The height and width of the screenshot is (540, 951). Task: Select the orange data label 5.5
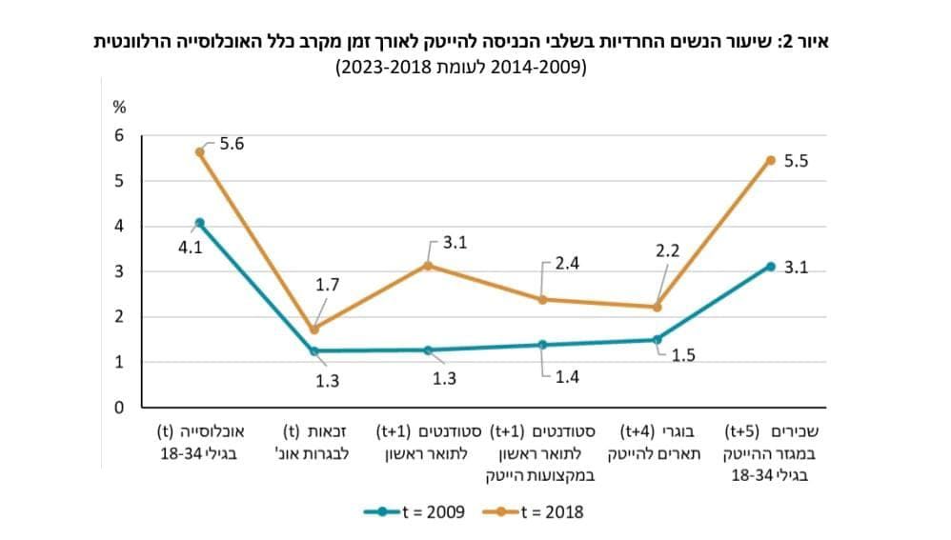[796, 162]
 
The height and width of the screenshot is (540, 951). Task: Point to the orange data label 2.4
[567, 264]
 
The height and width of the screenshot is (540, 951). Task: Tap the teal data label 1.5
[683, 355]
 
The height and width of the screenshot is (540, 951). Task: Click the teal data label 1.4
[567, 376]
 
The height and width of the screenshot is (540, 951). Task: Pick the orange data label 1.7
[327, 284]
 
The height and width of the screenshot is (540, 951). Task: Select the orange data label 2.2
[666, 251]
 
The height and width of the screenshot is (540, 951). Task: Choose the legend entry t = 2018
[551, 511]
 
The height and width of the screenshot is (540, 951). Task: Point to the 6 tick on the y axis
[119, 135]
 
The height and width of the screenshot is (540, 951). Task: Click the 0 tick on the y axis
[119, 408]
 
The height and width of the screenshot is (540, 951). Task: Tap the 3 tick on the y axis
[119, 271]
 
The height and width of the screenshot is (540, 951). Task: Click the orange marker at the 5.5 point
[771, 159]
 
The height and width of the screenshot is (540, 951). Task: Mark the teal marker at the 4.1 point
[199, 223]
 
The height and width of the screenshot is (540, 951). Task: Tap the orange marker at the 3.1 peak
[428, 266]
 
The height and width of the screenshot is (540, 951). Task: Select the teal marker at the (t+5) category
[771, 267]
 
